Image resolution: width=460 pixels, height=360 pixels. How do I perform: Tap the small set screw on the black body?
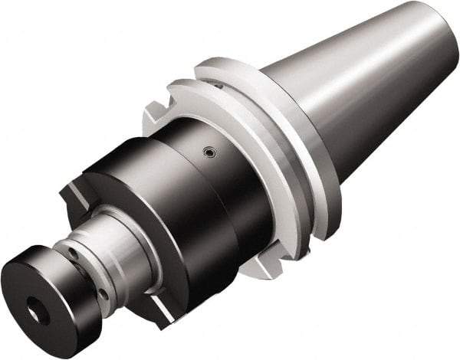pyautogui.click(x=207, y=152)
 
